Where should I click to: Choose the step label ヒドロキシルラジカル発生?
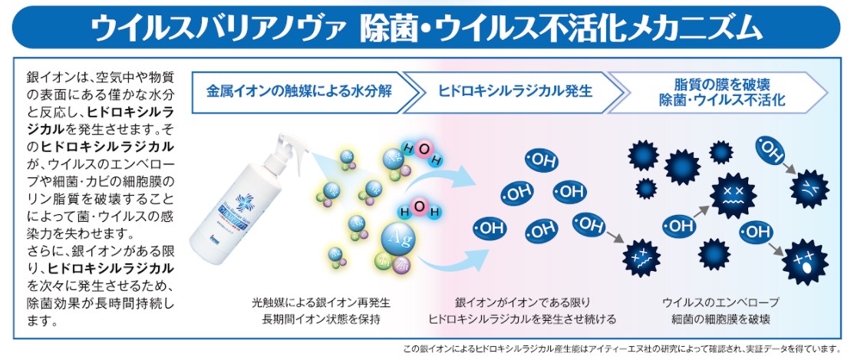click(515, 91)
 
